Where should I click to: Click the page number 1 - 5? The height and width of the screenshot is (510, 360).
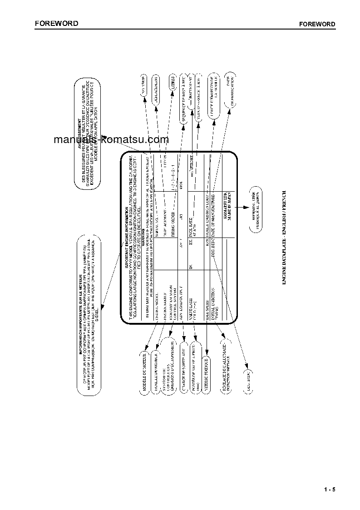point(330,489)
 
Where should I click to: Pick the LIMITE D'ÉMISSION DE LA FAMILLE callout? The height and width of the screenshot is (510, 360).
point(215,93)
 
